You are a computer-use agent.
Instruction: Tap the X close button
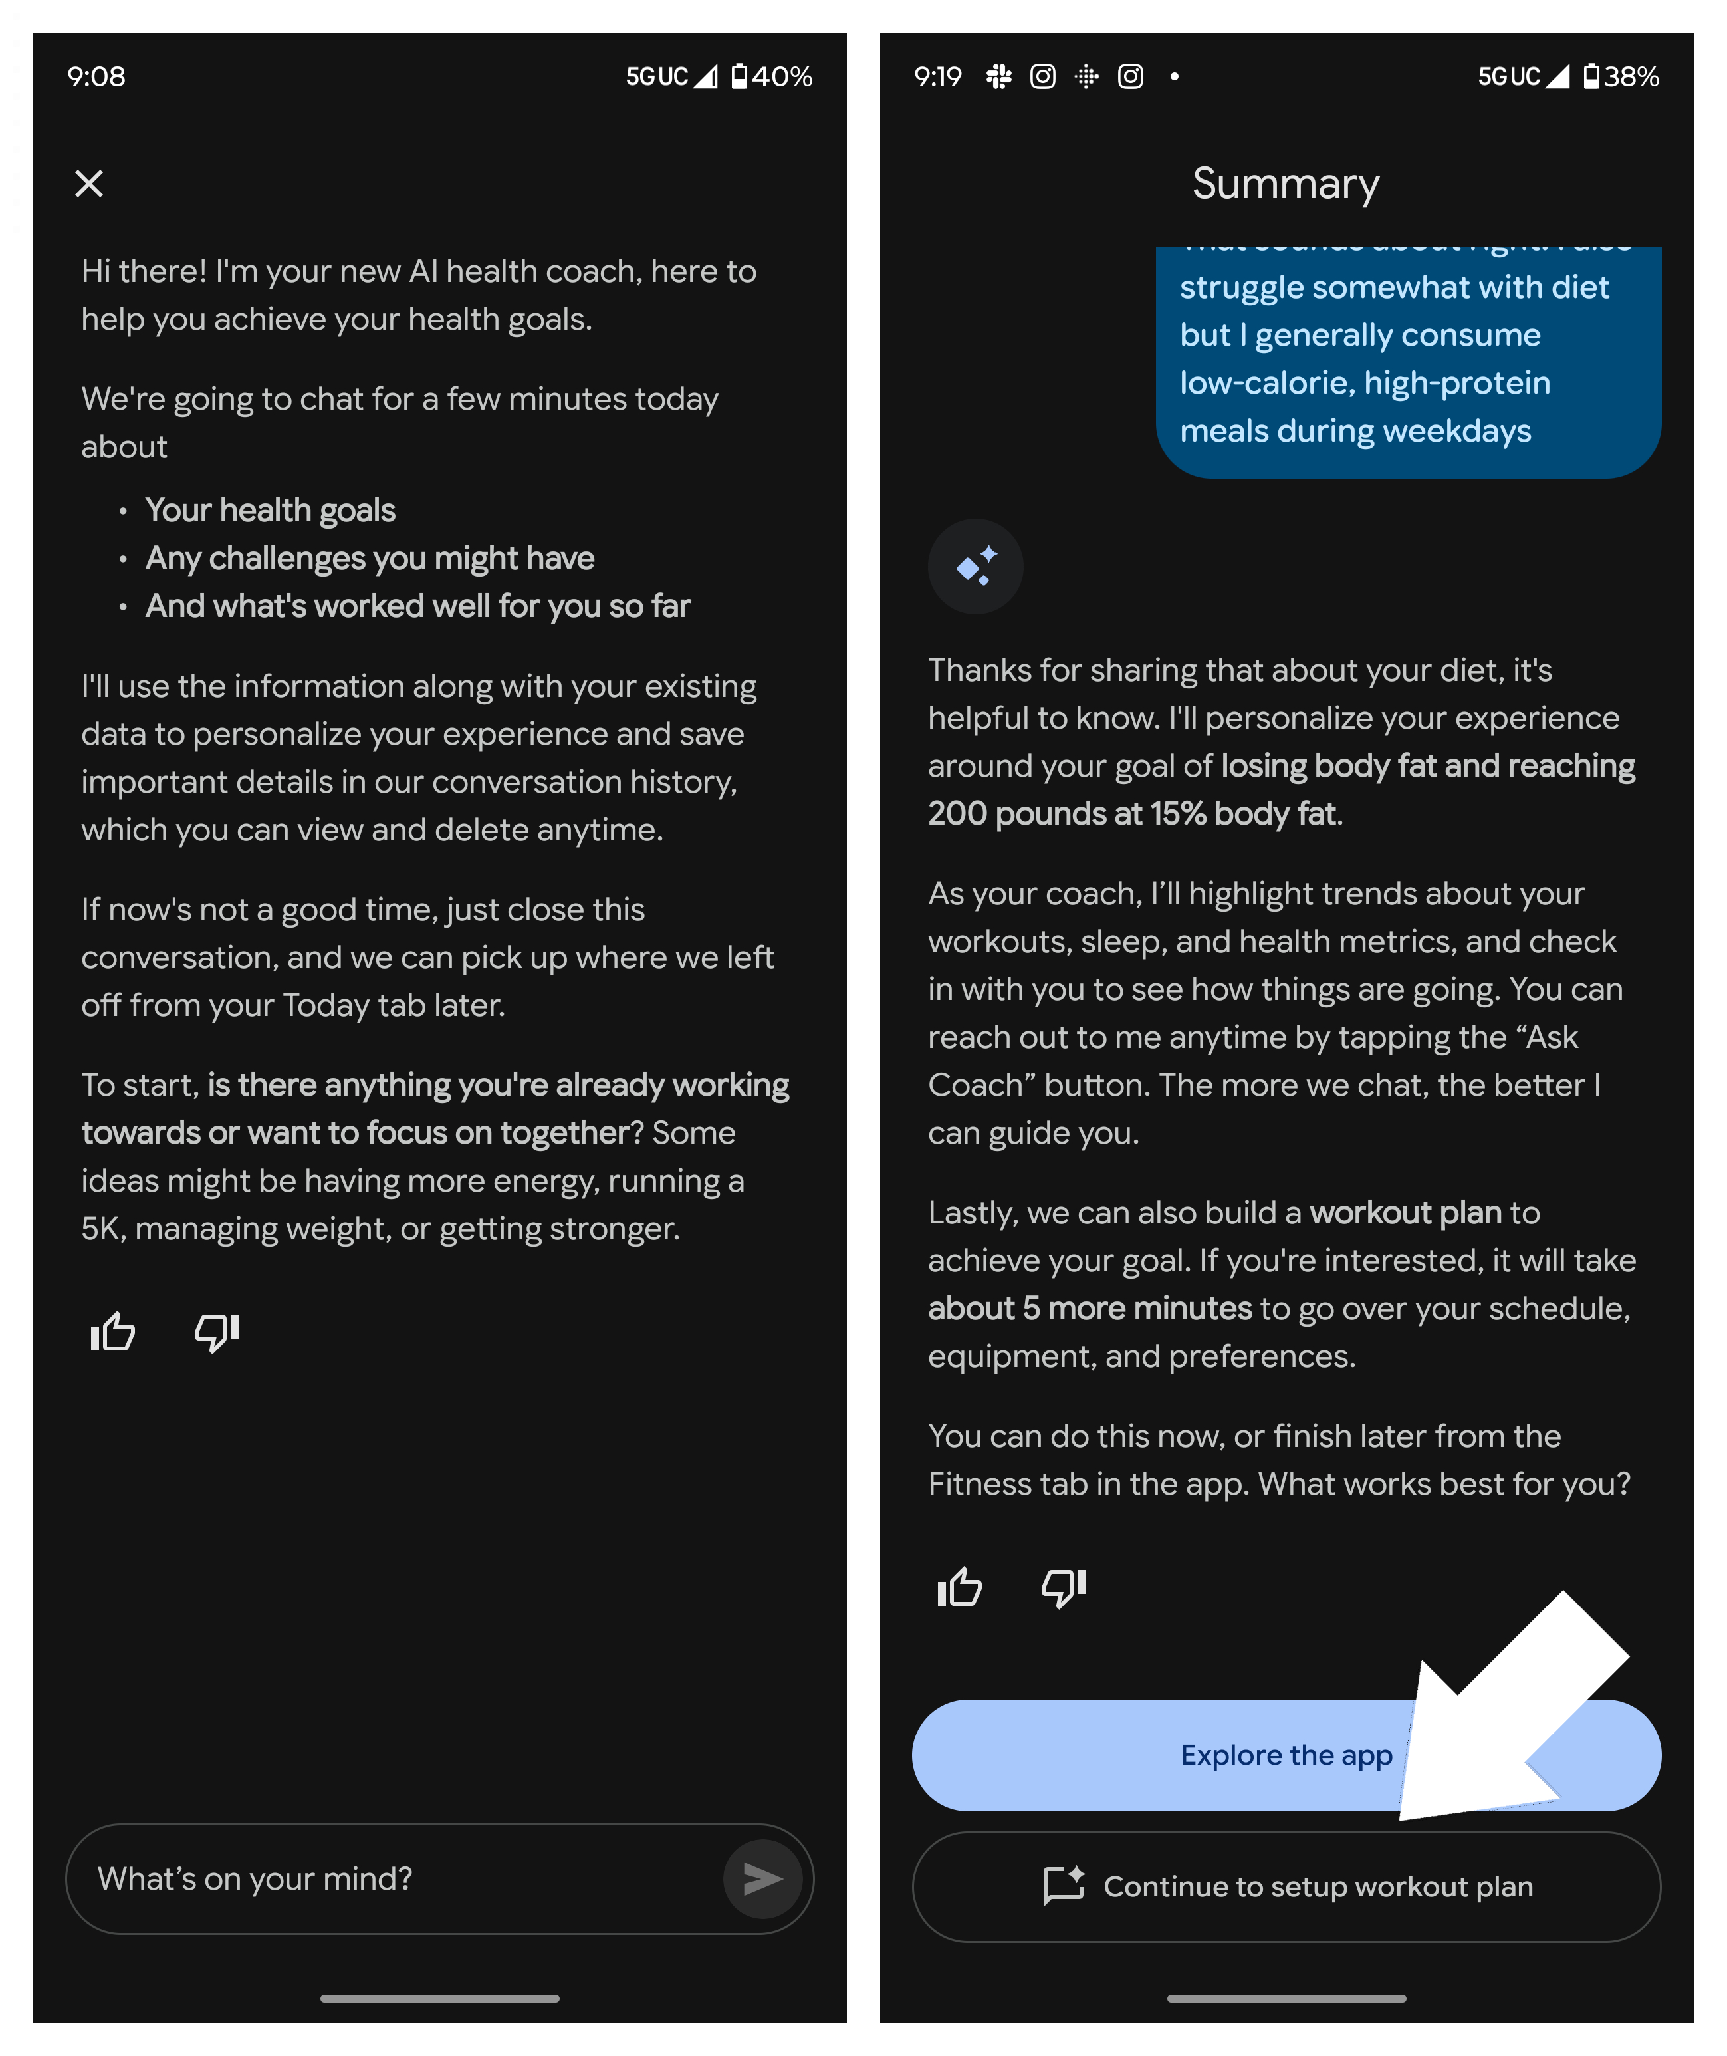point(89,183)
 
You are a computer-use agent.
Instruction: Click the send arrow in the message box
point(762,1878)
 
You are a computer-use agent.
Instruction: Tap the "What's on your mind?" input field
point(392,1878)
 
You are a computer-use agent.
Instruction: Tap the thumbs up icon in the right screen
point(959,1587)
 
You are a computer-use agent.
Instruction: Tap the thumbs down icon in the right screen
point(1063,1587)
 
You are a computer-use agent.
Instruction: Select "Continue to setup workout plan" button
point(1286,1886)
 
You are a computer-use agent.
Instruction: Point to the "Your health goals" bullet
point(270,510)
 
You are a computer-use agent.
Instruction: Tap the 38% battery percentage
point(1631,76)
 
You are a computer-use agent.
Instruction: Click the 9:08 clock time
point(96,76)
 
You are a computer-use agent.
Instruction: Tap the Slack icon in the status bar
point(998,76)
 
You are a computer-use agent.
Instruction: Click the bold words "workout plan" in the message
point(1405,1213)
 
